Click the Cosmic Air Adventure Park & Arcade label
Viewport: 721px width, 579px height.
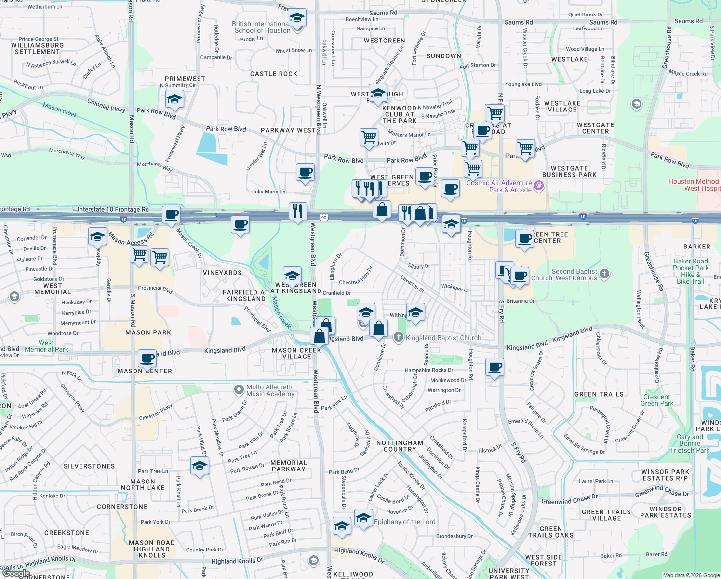coord(499,186)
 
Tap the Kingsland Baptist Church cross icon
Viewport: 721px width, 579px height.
coord(398,337)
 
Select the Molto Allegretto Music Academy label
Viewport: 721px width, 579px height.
coord(270,390)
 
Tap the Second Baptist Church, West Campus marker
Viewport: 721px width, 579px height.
coord(604,274)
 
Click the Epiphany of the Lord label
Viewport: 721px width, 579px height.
coord(404,522)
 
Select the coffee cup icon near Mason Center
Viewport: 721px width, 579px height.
coord(147,358)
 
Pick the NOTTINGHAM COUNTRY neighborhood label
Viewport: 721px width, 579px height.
coord(400,446)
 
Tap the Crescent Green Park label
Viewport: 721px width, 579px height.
coord(656,400)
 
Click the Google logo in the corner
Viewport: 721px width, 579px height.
coord(15,573)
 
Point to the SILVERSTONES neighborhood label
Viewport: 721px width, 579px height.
coord(89,466)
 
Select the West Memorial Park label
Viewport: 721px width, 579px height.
coord(46,346)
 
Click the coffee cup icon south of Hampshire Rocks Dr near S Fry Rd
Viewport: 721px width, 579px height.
coord(495,367)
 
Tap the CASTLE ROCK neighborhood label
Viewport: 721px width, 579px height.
coord(274,74)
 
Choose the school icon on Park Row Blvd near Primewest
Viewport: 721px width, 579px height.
coord(174,99)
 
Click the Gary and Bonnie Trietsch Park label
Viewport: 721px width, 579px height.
coord(690,443)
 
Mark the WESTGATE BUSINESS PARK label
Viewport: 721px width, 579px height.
coord(569,171)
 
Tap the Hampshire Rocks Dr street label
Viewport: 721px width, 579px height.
coord(428,370)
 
